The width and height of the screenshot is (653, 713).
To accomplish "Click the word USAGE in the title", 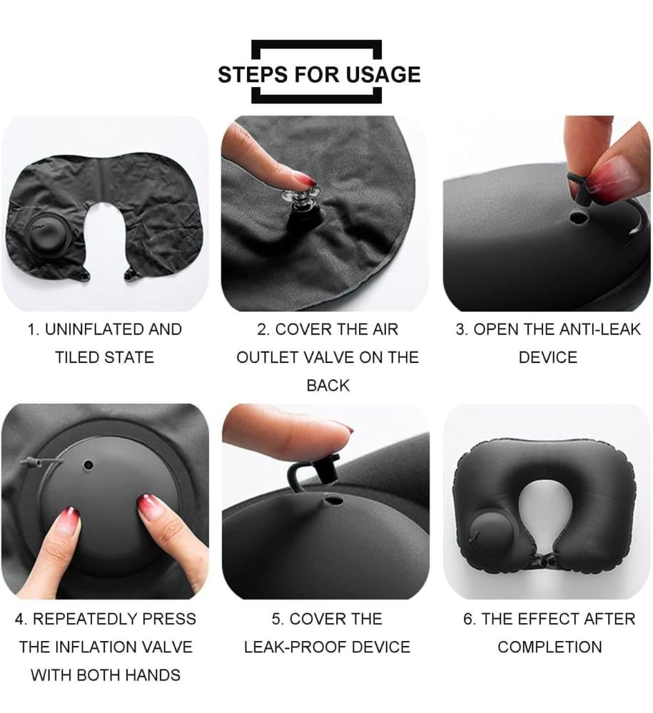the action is (383, 75).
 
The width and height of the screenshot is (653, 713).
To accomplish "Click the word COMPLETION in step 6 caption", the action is (550, 647).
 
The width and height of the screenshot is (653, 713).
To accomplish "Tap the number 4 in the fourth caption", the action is (19, 619).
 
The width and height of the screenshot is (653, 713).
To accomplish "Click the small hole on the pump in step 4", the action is (88, 465).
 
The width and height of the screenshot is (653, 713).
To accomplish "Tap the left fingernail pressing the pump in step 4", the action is (69, 518).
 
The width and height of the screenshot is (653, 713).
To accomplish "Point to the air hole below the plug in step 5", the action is (333, 501).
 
